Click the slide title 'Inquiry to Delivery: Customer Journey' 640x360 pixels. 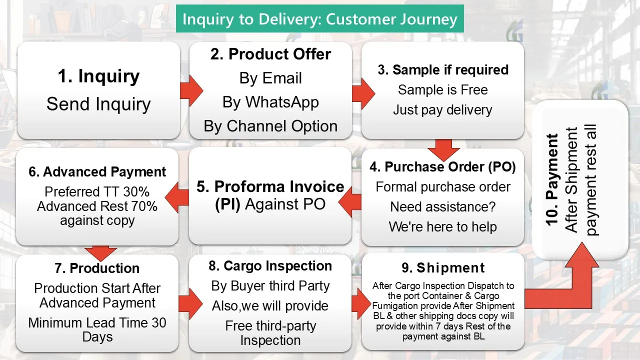320,19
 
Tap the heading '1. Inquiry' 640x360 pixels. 98,76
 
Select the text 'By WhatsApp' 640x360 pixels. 270,102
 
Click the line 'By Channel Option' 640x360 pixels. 270,126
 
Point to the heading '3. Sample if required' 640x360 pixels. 443,70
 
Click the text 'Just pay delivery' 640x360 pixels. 442,110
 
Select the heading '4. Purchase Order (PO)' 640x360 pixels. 442,167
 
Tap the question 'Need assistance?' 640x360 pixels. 442,207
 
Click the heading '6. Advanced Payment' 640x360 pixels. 97,172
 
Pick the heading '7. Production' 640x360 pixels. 97,268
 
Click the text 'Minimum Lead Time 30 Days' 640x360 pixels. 97,329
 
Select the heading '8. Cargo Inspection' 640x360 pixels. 270,266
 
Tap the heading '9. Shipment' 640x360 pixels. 443,268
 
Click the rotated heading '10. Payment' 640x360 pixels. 552,180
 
